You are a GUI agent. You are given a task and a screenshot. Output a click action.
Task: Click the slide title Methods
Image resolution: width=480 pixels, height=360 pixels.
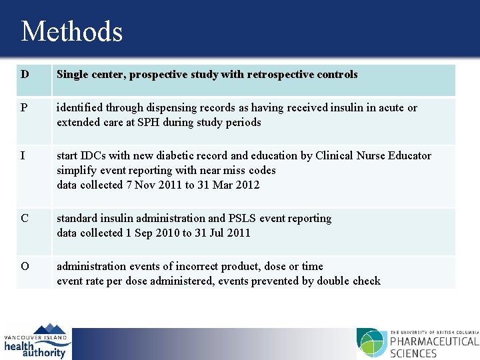(72, 31)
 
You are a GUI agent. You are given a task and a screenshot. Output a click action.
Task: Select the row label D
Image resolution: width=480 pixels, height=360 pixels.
(25, 75)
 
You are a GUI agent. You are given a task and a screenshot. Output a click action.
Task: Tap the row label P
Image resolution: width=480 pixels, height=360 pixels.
(25, 108)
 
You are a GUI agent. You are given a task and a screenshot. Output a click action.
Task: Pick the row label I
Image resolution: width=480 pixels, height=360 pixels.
(23, 156)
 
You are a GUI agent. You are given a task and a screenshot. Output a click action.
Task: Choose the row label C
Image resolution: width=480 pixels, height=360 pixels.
(25, 219)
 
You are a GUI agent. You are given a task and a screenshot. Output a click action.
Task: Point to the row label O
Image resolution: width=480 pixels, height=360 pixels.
(25, 267)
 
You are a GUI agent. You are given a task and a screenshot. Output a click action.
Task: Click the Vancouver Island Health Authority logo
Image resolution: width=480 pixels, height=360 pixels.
(36, 341)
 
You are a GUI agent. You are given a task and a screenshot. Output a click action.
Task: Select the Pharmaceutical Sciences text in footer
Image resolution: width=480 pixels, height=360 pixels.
(434, 347)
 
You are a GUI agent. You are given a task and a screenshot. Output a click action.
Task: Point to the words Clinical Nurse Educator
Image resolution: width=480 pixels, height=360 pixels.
(369, 156)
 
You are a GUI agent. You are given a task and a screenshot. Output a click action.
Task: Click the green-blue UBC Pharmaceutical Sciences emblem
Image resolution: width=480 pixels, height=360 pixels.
(371, 343)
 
